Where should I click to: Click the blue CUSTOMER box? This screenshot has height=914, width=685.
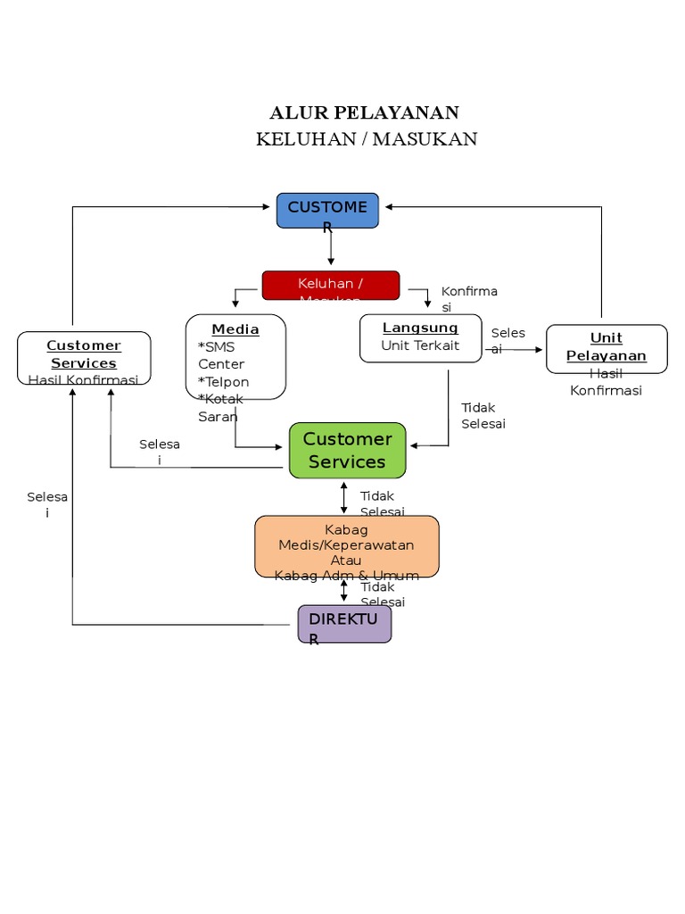point(327,211)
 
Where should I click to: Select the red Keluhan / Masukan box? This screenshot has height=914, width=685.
point(330,285)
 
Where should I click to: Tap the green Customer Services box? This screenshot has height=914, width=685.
point(347,450)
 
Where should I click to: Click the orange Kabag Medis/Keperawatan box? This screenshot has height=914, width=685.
point(346,545)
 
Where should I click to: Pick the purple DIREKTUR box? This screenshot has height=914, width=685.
point(344,623)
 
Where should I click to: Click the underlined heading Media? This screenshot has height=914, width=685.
point(235,329)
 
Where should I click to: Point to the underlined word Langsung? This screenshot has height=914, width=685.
point(420,328)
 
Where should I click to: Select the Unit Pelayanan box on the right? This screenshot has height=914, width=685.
point(606,348)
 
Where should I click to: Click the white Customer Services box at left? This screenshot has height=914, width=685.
point(84,357)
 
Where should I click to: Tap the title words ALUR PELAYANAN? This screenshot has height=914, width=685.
point(364,112)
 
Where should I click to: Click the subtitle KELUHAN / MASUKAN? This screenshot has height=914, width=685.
point(367,138)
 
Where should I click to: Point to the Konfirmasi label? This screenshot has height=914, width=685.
point(468,299)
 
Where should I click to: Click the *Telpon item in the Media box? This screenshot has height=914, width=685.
point(223,382)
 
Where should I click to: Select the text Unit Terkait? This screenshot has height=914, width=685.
point(420,345)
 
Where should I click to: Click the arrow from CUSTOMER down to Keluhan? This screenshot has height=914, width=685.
point(331,247)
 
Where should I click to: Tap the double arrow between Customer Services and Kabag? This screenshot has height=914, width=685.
point(344,497)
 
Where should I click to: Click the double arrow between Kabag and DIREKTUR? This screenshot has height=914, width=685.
point(344,590)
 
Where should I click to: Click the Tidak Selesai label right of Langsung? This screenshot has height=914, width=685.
point(483,415)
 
